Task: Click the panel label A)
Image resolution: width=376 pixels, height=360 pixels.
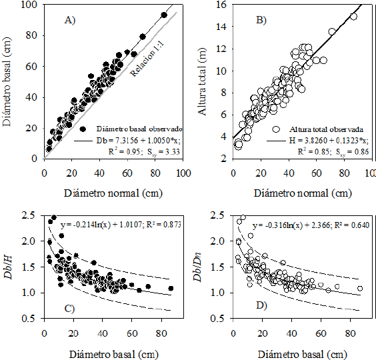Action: click(x=69, y=20)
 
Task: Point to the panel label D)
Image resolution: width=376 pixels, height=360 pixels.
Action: click(x=258, y=307)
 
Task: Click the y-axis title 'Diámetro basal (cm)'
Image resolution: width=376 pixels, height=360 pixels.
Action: click(x=9, y=81)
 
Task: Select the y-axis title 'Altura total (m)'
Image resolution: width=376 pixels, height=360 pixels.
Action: click(x=199, y=81)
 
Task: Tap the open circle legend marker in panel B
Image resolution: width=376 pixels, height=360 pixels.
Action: click(x=275, y=129)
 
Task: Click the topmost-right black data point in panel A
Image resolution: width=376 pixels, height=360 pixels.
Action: click(x=164, y=15)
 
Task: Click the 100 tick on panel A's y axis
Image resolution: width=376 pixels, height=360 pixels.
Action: click(x=28, y=5)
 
